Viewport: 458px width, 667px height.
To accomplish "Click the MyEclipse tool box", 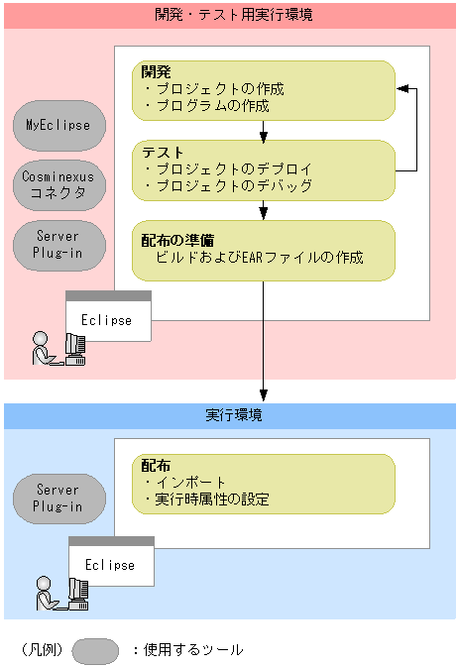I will pyautogui.click(x=58, y=126).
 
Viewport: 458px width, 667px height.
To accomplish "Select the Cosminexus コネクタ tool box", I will pyautogui.click(x=58, y=185).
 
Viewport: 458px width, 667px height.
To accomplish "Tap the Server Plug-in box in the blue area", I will pyautogui.click(x=58, y=498).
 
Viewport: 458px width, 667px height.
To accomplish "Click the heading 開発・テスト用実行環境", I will pyautogui.click(x=228, y=15).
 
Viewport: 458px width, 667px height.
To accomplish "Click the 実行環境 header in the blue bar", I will pyautogui.click(x=228, y=415).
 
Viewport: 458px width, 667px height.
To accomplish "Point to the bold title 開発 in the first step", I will pyautogui.click(x=157, y=72).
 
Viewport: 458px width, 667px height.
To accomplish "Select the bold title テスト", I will pyautogui.click(x=163, y=152).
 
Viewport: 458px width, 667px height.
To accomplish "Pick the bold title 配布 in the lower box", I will pyautogui.click(x=156, y=465).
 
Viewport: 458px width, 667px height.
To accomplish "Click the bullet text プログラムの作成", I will pyautogui.click(x=212, y=105).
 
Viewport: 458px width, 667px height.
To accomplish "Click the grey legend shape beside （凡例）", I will pyautogui.click(x=96, y=650).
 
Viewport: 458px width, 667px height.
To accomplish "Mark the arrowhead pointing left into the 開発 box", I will pyautogui.click(x=401, y=89).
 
